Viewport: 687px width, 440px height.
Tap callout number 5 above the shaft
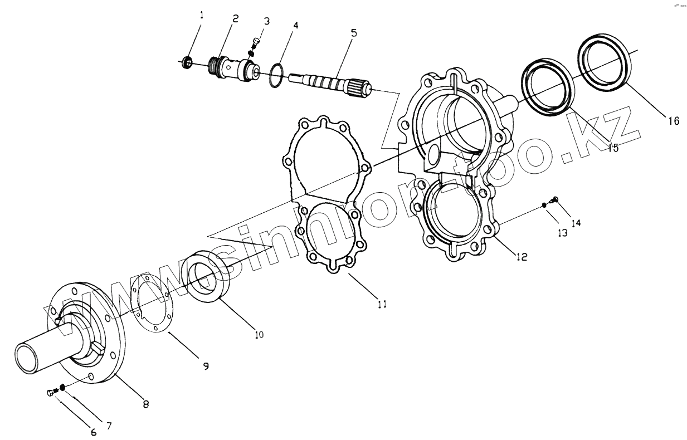coord(354,33)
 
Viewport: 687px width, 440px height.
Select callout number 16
coord(673,120)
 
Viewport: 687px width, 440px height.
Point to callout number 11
coord(382,304)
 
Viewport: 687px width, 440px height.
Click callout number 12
coord(522,257)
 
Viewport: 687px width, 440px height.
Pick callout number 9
coord(206,366)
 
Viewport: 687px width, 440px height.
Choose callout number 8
coord(145,405)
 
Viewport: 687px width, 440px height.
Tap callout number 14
coord(576,223)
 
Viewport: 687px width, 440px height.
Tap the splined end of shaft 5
coord(357,88)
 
